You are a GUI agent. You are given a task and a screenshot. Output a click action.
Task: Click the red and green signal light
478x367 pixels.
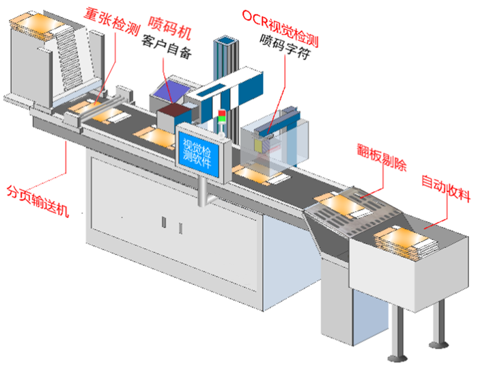[x=220, y=117]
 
